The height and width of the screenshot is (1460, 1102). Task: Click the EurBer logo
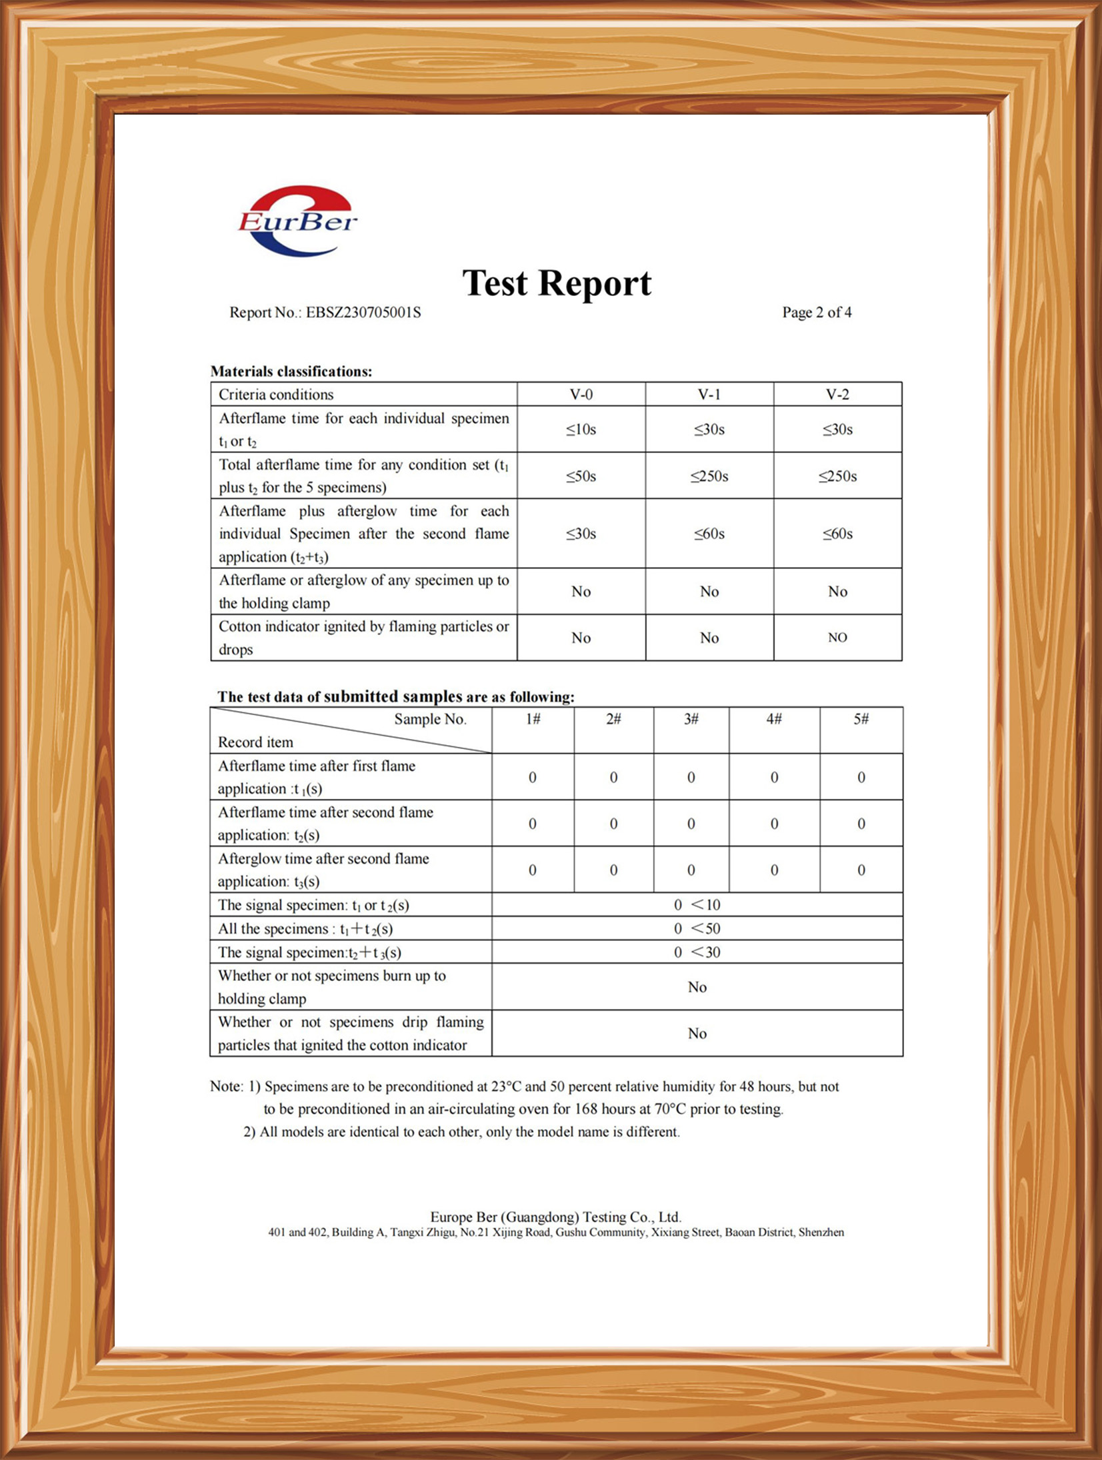click(x=297, y=221)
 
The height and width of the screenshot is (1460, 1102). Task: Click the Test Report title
click(x=557, y=283)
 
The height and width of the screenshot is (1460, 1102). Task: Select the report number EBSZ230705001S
click(x=363, y=313)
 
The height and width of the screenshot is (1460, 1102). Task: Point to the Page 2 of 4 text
click(x=816, y=313)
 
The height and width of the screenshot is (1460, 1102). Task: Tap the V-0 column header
click(x=581, y=394)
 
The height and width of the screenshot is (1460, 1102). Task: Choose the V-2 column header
click(x=837, y=394)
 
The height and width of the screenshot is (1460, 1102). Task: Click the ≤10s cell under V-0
click(x=581, y=430)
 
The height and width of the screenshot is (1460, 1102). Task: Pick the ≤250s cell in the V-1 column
click(x=709, y=476)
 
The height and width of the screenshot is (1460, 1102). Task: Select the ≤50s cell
click(x=581, y=476)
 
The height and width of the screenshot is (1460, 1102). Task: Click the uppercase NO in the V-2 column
click(x=837, y=638)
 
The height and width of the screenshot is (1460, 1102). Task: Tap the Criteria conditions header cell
click(x=276, y=394)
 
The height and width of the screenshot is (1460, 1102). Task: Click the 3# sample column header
click(x=691, y=719)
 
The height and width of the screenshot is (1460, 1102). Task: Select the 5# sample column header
click(x=861, y=719)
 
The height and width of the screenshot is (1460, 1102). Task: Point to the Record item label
click(x=255, y=742)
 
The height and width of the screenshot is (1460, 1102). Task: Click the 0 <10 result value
click(x=697, y=905)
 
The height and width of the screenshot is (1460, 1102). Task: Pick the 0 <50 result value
click(x=697, y=929)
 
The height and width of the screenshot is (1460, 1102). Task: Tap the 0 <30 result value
click(x=697, y=952)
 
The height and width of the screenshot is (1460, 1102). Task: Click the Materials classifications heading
click(x=291, y=372)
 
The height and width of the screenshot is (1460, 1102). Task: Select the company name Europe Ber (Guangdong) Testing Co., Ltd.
click(x=555, y=1217)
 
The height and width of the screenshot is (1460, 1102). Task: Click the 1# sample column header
click(x=532, y=719)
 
